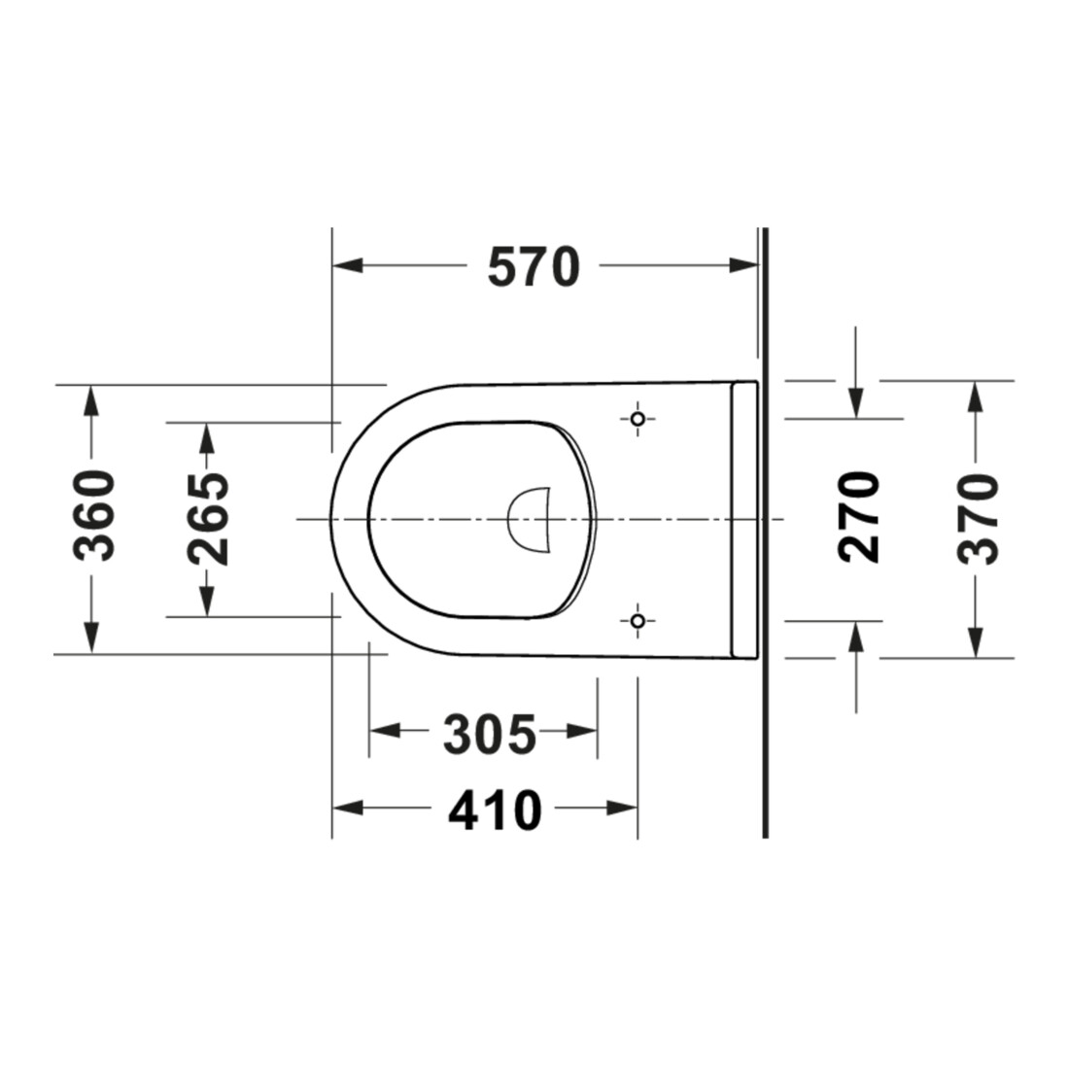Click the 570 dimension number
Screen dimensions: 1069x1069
coord(534,267)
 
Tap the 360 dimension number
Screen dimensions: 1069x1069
coord(94,515)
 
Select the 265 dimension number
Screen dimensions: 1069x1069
coord(209,519)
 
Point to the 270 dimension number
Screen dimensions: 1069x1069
coord(859,517)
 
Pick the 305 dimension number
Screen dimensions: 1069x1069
coord(490,735)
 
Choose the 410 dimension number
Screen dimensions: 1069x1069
coord(495,810)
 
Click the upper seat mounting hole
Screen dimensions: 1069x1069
coord(638,419)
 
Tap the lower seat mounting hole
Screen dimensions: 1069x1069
coord(638,620)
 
